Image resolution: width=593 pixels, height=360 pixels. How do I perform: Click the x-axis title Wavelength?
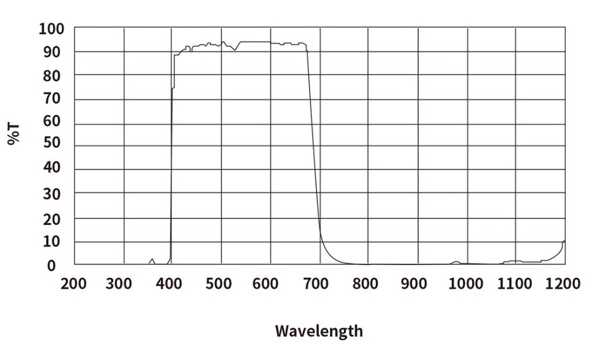(x=318, y=330)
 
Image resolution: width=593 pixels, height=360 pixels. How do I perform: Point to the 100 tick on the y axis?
(x=52, y=28)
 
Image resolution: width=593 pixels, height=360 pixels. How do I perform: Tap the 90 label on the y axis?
(x=52, y=52)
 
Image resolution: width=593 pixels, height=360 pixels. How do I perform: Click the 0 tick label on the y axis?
(x=52, y=266)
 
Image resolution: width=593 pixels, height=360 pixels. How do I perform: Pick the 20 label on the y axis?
(x=52, y=219)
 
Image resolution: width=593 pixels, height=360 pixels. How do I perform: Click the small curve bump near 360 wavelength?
(x=152, y=260)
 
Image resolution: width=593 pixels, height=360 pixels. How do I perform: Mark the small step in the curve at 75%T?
(x=173, y=88)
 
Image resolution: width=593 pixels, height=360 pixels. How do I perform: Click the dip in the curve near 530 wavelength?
(x=235, y=50)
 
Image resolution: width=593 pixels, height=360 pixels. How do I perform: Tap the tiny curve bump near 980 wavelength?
(x=456, y=262)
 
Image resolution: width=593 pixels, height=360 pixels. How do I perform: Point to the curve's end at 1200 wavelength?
(x=564, y=241)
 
